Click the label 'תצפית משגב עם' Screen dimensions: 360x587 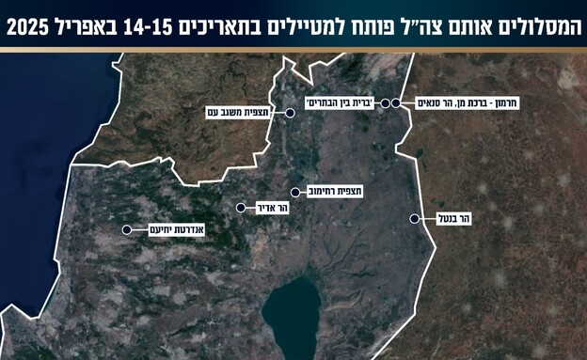click(242, 112)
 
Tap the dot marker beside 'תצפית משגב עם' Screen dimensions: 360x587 click(291, 112)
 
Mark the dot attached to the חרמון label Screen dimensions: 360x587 click(397, 103)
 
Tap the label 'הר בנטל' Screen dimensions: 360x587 click(453, 218)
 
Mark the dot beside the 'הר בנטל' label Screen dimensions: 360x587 click(414, 218)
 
